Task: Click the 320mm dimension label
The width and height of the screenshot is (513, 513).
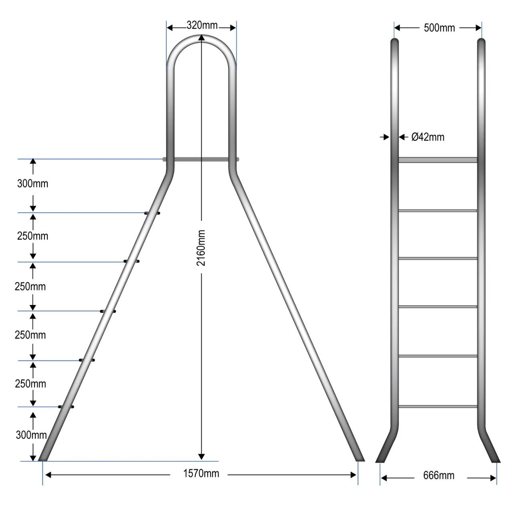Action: (202, 25)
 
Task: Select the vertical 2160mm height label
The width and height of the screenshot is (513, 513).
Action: (201, 248)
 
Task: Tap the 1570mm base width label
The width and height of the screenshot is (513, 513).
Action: (201, 474)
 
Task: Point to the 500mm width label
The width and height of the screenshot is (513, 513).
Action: (439, 28)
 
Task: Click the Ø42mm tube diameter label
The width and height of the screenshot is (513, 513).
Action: (428, 137)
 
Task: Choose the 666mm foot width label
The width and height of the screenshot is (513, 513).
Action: (439, 475)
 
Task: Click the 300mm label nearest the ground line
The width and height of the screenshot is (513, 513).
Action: (31, 435)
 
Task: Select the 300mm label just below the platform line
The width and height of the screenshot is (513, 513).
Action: (33, 184)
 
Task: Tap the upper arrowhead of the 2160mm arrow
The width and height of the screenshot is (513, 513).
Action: (202, 38)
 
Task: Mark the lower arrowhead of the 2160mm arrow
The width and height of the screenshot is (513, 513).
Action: (202, 456)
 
